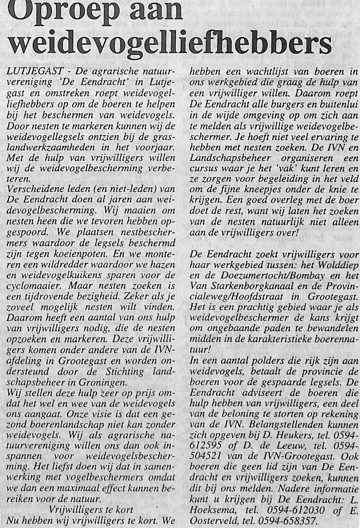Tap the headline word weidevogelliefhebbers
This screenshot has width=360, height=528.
click(170, 43)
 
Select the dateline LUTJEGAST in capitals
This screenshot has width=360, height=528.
click(35, 71)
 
